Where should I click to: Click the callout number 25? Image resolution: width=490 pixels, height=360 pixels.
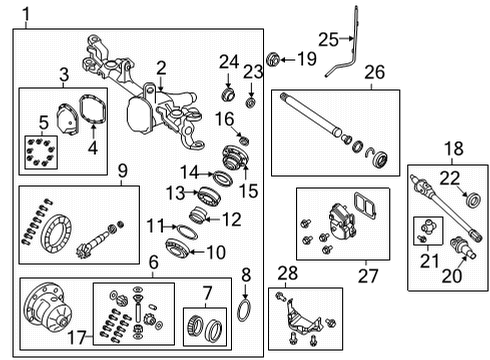point(329,39)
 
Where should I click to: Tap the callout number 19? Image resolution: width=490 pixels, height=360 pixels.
point(306,60)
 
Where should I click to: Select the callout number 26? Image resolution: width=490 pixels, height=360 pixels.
point(374,72)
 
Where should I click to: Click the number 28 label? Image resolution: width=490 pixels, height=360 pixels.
point(288,273)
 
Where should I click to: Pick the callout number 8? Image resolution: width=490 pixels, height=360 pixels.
point(247,272)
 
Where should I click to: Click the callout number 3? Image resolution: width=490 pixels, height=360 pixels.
point(62,73)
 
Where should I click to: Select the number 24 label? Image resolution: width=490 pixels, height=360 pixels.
point(229,62)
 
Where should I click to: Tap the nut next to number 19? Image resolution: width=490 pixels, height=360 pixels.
point(272,60)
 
